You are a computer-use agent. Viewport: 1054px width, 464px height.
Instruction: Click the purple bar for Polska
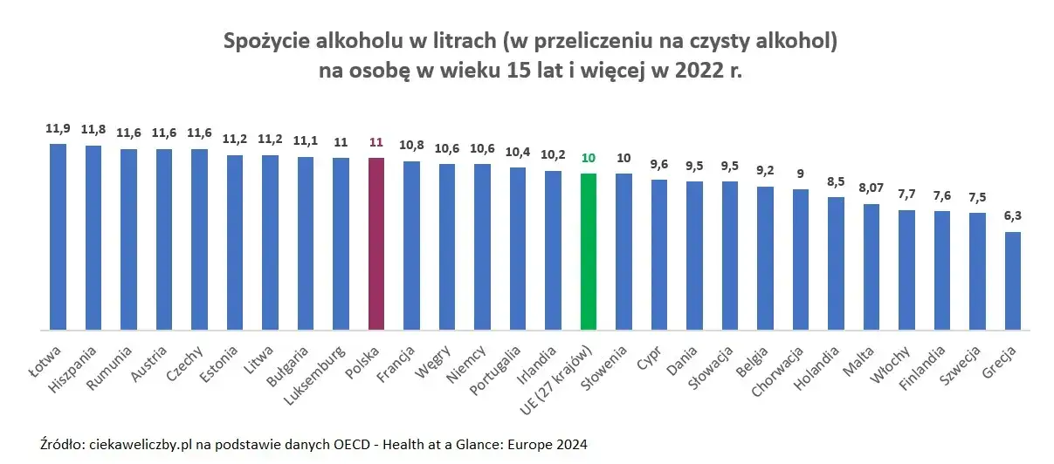[x=376, y=244]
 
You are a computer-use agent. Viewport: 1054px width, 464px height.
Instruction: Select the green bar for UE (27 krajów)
[x=589, y=252]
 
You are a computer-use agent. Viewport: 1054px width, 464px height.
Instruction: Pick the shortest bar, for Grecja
[x=1013, y=281]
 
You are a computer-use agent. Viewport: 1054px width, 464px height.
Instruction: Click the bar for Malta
[x=871, y=267]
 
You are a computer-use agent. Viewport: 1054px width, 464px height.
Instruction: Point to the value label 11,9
[x=58, y=128]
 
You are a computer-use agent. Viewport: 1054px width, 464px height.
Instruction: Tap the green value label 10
[x=589, y=158]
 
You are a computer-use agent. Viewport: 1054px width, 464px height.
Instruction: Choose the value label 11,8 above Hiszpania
[x=93, y=130]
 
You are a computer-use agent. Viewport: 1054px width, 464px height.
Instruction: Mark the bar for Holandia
[x=836, y=263]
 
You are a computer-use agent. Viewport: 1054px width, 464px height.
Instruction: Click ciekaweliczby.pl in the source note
[x=139, y=444]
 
